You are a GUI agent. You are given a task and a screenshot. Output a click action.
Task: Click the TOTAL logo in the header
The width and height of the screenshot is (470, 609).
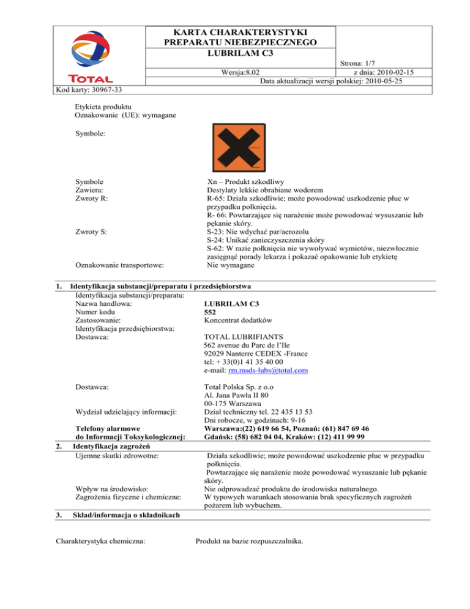(90, 58)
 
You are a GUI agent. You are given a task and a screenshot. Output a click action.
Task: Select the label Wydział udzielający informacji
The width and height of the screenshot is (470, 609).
(126, 412)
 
